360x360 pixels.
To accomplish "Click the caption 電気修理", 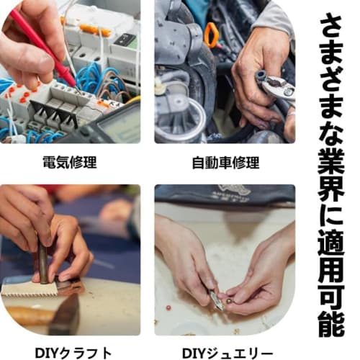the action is point(70,163).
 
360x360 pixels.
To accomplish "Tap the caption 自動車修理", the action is point(226,163).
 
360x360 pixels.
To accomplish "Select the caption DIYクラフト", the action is point(73,353).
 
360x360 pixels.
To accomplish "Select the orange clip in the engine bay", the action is point(211,35).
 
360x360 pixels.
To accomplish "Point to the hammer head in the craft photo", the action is point(64,315).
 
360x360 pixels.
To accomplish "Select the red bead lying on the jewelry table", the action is point(168,307).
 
